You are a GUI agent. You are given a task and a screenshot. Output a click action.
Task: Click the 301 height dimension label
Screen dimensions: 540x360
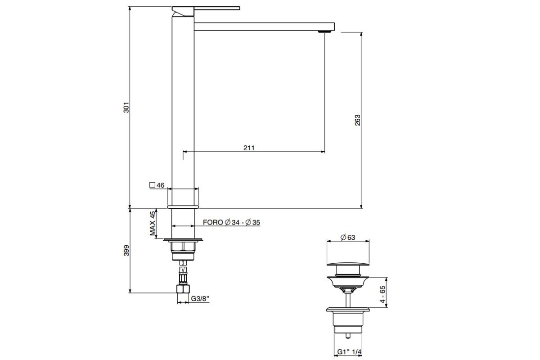tap(126, 108)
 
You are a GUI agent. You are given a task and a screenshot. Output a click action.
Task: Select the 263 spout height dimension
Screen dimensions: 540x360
tap(357, 120)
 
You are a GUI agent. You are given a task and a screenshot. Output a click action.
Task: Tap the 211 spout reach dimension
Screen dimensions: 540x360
tap(249, 148)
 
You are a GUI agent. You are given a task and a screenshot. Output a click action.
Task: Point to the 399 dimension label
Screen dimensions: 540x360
tap(126, 251)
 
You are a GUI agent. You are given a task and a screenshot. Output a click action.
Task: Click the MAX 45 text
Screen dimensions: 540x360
tap(153, 223)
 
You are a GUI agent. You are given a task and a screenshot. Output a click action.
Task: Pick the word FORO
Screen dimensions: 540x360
tap(213, 222)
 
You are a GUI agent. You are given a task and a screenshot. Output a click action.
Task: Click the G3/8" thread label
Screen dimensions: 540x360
tap(200, 299)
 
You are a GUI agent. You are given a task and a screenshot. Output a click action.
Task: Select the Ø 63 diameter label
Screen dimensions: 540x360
tap(347, 238)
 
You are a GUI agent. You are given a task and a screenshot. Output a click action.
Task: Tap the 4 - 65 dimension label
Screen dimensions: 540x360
tap(382, 294)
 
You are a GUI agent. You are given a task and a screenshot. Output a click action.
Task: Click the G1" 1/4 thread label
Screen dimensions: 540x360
tap(349, 352)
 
